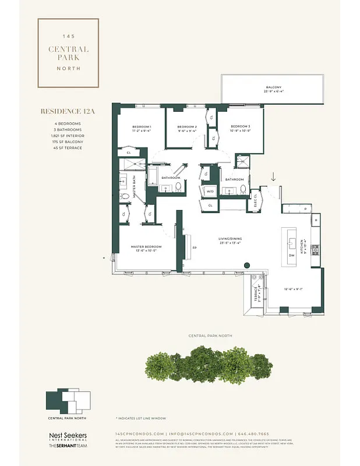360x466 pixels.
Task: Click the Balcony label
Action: [273, 88]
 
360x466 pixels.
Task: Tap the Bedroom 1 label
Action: [142, 127]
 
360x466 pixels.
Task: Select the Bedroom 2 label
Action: [187, 127]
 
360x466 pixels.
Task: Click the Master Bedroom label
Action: [146, 247]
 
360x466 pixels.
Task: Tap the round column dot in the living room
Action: [247, 264]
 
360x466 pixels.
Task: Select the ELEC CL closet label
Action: [256, 201]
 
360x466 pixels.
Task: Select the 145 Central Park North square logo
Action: [68, 52]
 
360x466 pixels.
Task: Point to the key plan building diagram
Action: [68, 402]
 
